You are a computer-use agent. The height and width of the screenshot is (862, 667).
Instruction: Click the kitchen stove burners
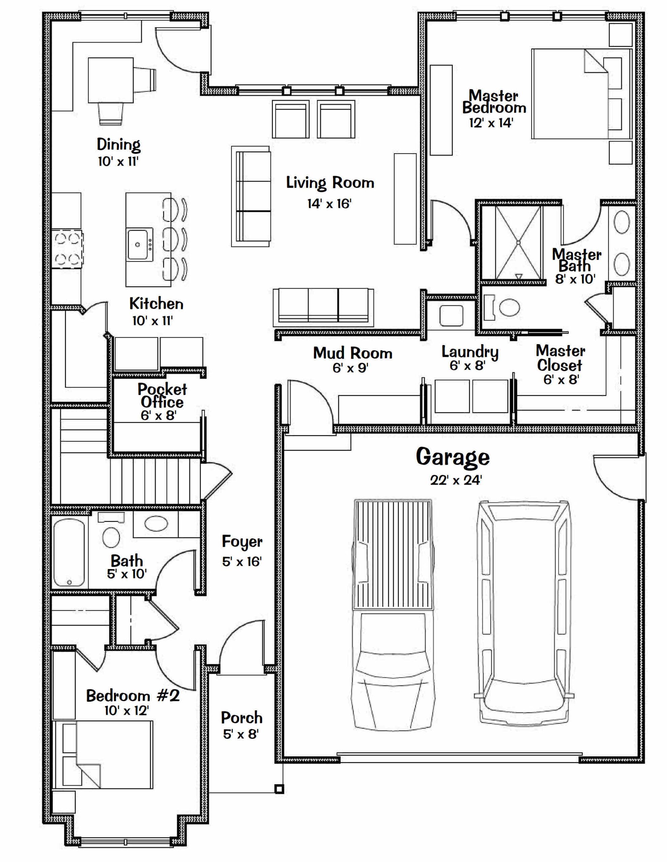pyautogui.click(x=67, y=249)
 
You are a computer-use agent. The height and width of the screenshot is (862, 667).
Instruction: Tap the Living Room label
pyautogui.click(x=330, y=183)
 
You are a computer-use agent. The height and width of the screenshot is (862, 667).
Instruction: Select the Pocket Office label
pyautogui.click(x=162, y=396)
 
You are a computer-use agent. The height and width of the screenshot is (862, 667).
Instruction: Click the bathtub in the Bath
pyautogui.click(x=69, y=553)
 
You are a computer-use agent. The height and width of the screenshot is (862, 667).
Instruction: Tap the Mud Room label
pyautogui.click(x=353, y=353)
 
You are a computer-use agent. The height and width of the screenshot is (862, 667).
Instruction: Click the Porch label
pyautogui.click(x=242, y=717)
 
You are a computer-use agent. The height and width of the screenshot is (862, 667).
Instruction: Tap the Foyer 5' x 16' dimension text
pyautogui.click(x=242, y=562)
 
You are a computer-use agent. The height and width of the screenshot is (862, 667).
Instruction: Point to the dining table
pyautogui.click(x=110, y=80)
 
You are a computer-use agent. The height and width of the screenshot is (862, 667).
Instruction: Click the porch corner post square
pyautogui.click(x=279, y=789)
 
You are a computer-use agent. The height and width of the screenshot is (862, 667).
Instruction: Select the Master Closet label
pyautogui.click(x=560, y=358)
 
